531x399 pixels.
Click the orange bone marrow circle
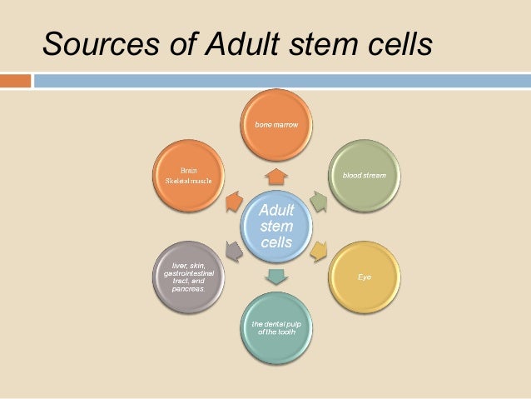click(x=276, y=126)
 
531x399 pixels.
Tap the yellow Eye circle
click(x=364, y=276)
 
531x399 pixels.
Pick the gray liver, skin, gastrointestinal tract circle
click(x=191, y=275)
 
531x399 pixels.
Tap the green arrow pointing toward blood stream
click(x=317, y=200)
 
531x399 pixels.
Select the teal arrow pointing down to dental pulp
click(x=276, y=275)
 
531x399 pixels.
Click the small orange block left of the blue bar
click(x=16, y=81)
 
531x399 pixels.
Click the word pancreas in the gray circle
click(x=191, y=287)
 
